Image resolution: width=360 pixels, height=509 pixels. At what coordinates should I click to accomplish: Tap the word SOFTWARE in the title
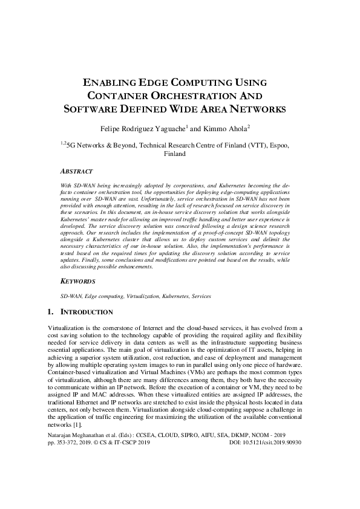91,109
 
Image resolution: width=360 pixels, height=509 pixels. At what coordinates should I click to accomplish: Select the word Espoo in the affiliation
282,146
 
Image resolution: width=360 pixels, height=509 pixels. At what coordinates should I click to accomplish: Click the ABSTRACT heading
76,171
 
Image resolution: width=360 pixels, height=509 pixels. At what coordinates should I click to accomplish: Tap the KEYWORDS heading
77,281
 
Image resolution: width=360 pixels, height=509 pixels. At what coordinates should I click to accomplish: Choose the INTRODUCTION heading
88,312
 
